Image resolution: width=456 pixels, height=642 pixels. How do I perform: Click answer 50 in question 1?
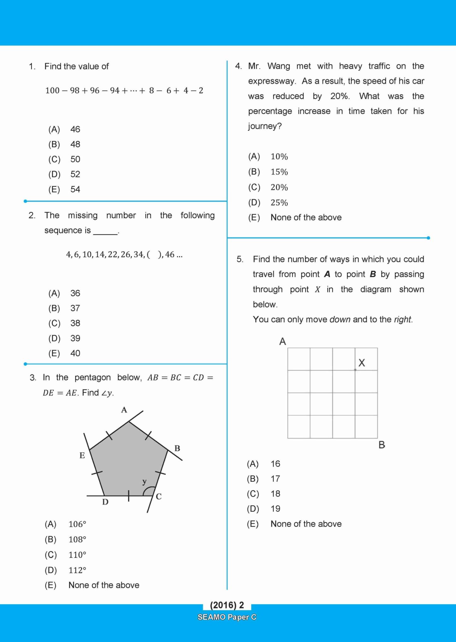[75, 159]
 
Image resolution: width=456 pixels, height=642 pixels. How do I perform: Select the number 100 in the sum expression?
[52, 91]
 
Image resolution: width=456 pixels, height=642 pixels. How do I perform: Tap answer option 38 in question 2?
[75, 323]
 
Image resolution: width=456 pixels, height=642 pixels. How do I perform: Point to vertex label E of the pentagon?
[82, 455]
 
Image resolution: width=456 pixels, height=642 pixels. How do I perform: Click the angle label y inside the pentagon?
[145, 481]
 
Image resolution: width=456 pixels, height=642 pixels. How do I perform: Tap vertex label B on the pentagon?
[177, 448]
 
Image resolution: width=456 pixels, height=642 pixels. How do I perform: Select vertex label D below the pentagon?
[105, 502]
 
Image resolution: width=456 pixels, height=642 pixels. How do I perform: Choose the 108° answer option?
[77, 540]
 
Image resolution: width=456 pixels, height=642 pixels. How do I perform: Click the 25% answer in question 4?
[279, 203]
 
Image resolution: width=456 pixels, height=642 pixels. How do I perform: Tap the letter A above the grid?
[283, 341]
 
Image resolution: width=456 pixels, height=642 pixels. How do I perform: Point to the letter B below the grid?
[382, 445]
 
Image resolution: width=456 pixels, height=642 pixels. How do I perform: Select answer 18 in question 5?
[275, 494]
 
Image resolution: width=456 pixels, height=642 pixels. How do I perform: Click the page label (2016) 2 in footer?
[227, 605]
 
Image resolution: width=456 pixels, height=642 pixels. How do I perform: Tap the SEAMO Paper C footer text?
[227, 617]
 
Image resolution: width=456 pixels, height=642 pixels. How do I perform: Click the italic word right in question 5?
[403, 319]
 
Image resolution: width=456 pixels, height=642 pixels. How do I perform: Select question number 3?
[33, 378]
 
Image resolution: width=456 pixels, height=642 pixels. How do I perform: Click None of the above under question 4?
[306, 218]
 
